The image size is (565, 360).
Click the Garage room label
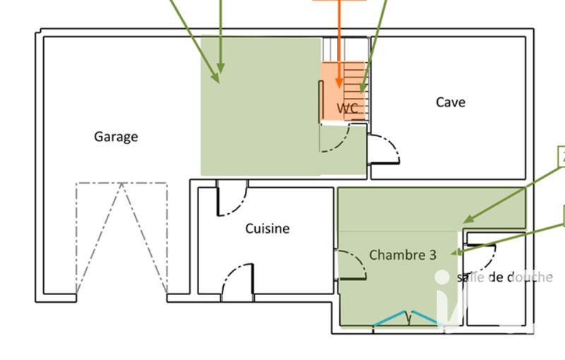[x=116, y=137]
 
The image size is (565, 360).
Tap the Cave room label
[x=450, y=102]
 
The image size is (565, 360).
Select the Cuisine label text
[x=267, y=228]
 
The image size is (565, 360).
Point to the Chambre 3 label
[x=403, y=255]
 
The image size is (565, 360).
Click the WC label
[x=348, y=109]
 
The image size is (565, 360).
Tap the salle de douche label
[x=504, y=277]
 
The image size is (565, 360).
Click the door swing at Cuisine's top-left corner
[x=231, y=198]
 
